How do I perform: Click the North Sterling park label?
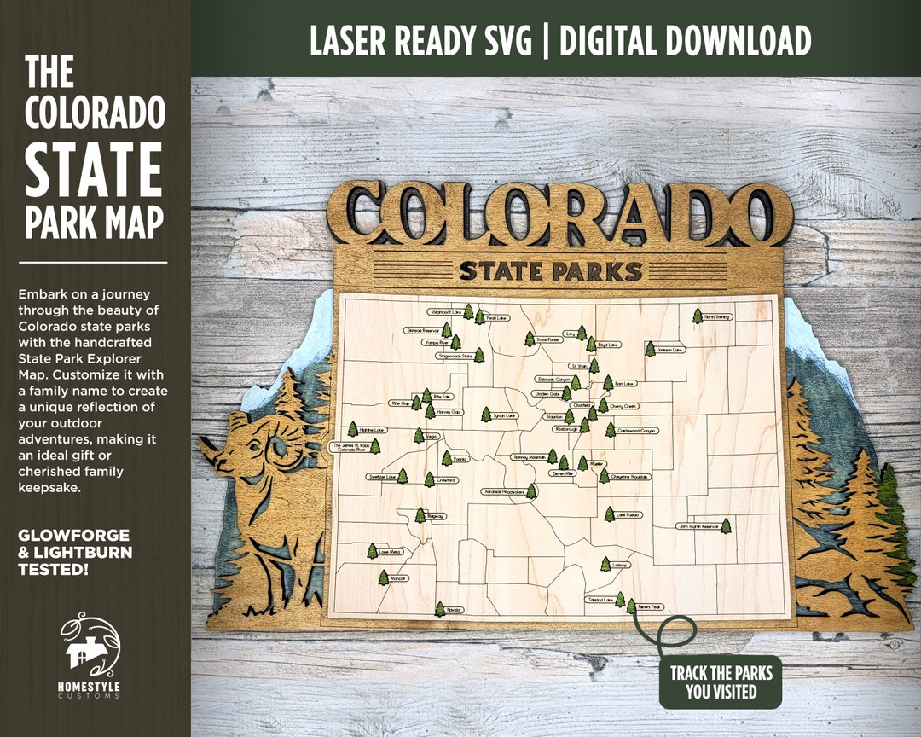coord(717,317)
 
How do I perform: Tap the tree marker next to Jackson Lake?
coord(650,349)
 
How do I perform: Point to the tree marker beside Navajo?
coord(440,608)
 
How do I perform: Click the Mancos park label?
coord(398,578)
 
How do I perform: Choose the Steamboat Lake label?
coord(446,312)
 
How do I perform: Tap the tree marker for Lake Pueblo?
coord(609,514)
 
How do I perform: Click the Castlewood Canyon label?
coord(639,431)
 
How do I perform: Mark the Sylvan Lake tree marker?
coord(485,415)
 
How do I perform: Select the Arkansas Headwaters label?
coord(503,492)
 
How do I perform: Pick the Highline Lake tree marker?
coord(352,429)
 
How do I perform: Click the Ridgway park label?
coord(436,516)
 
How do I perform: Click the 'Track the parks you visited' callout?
coord(721,682)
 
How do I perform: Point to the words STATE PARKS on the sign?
coord(550,271)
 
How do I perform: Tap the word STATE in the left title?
coord(93,170)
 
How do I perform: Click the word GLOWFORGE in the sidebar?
coord(74,536)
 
